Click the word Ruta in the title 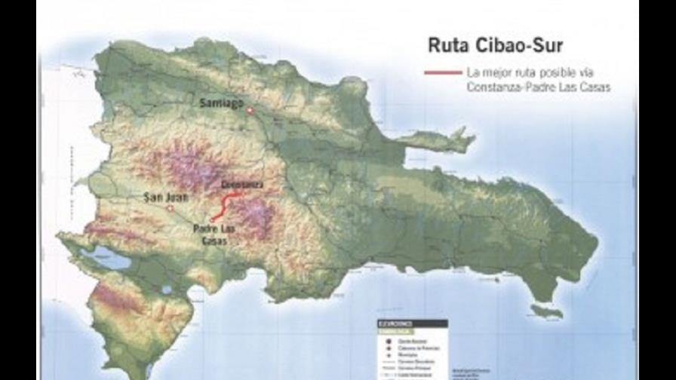click(446, 45)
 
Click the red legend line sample click(443, 73)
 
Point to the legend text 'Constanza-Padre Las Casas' click(538, 87)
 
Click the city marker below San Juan click(171, 208)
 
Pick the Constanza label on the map click(243, 184)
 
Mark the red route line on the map click(225, 204)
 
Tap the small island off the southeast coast click(546, 311)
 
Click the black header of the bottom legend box click(412, 323)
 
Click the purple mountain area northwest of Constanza click(185, 166)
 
